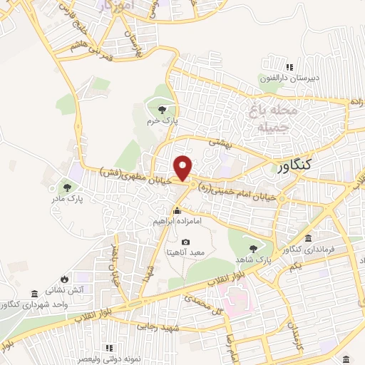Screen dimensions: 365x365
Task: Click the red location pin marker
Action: (185, 168)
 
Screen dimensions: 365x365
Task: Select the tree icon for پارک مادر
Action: (68, 187)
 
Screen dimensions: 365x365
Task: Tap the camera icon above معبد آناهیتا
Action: (187, 242)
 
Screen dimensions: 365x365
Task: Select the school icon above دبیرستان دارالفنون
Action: (289, 67)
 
